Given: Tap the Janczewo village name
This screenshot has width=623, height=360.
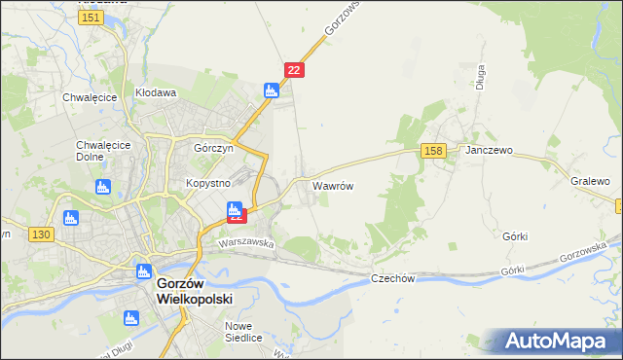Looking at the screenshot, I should coord(489,152).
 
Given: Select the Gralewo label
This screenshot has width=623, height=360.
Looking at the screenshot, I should coord(590,182).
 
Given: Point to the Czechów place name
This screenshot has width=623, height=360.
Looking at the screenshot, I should coord(393,278).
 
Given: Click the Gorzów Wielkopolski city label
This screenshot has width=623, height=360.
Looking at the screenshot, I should coord(195,292).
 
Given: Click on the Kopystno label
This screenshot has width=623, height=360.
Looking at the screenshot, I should coord(207,183).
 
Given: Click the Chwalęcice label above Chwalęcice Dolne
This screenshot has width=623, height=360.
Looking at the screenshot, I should coord(90,97).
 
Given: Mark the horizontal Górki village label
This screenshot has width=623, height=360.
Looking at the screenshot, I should coord(515,236).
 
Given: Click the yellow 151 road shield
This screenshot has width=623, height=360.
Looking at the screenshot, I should coord(92,18).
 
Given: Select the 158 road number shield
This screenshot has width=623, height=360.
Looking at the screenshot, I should coord(434,150).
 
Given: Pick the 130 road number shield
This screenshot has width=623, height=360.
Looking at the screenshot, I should coord(41,234).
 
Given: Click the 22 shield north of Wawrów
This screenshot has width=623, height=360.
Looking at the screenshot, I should coord(295,69).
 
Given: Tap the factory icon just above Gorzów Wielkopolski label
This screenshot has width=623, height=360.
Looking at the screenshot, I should coord(143,271).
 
